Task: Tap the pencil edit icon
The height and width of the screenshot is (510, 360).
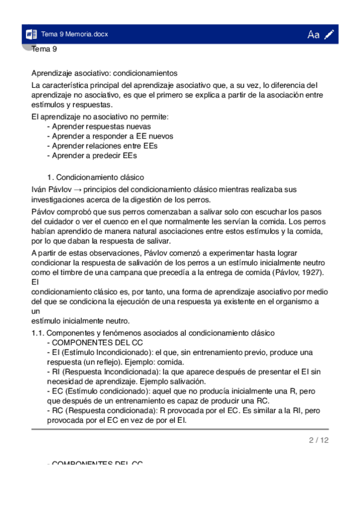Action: (x=329, y=34)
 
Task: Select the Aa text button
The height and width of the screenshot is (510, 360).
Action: (x=313, y=34)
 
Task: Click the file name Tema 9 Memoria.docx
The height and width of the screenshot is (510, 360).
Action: (x=75, y=34)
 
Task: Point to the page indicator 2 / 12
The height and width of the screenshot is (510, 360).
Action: (x=319, y=440)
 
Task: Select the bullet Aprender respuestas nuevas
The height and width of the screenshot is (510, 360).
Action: (x=99, y=126)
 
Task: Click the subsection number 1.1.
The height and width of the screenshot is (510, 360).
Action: (x=37, y=333)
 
